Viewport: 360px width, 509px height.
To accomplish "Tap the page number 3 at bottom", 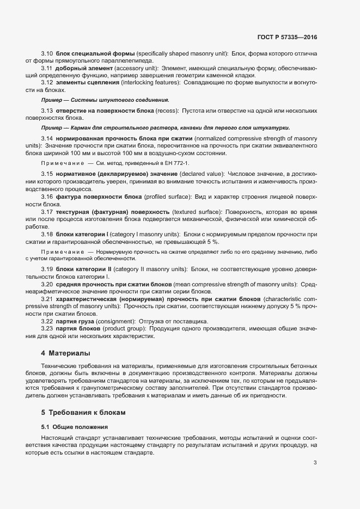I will [315, 463].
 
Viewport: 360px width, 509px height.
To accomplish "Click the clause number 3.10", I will [47, 53].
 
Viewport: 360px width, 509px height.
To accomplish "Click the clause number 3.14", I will [47, 139].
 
